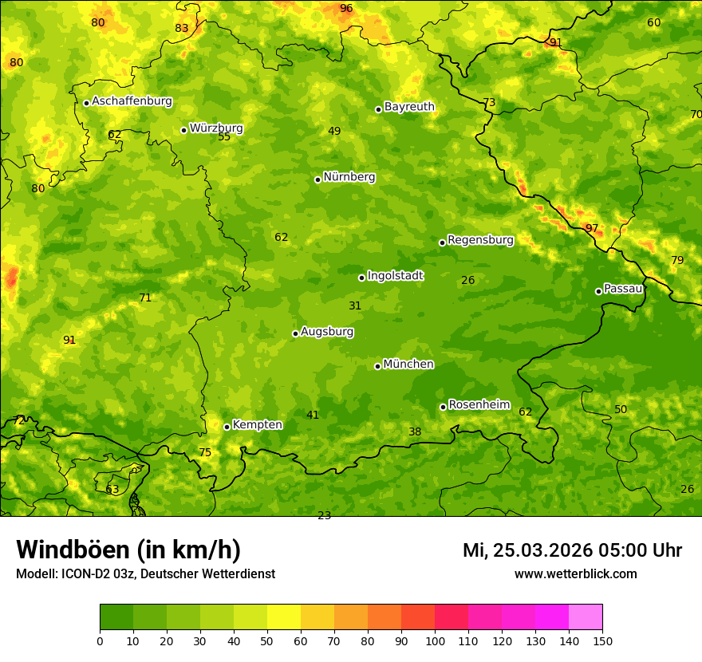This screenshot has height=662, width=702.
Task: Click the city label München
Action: (408, 364)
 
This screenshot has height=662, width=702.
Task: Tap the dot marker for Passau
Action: (598, 291)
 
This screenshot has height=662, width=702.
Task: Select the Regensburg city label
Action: (480, 240)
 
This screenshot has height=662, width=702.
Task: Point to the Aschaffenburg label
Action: (132, 101)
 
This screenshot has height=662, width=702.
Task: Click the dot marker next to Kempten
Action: (227, 427)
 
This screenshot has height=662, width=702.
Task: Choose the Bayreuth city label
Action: (409, 107)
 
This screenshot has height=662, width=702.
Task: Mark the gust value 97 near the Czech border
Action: (591, 228)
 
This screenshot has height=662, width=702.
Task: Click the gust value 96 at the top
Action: (346, 9)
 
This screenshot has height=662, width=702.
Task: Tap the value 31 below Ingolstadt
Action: (355, 305)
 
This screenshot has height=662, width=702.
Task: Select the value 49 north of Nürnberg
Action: (334, 132)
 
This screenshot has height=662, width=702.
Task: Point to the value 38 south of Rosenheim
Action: (415, 432)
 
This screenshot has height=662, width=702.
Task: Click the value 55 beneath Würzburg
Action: (224, 137)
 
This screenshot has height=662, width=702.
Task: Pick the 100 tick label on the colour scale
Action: (435, 640)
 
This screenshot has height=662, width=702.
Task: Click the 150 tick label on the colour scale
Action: (602, 640)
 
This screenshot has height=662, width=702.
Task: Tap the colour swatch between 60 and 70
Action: (317, 617)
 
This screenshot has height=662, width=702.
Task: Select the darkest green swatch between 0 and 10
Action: (116, 617)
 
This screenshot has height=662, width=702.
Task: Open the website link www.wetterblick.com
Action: (575, 574)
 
